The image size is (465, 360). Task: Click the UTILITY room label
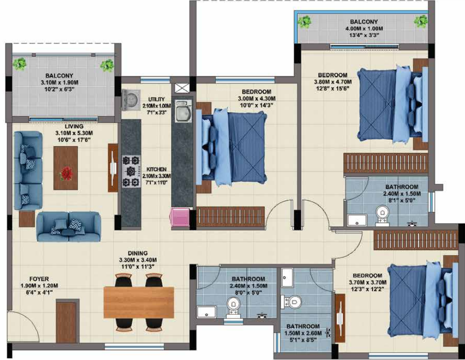156,99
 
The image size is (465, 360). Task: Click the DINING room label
137,253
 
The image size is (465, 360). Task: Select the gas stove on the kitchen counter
130,171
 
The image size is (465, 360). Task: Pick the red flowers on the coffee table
66,173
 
